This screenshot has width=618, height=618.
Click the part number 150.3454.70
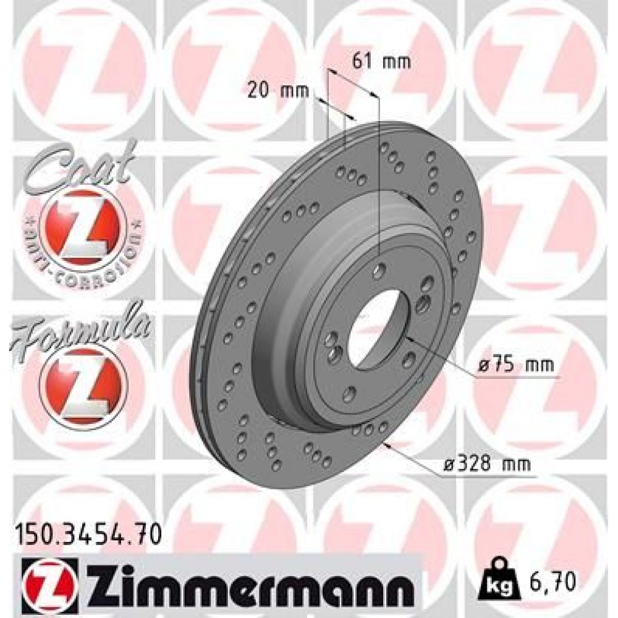coord(87,531)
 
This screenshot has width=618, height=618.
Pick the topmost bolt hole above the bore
coord(381,269)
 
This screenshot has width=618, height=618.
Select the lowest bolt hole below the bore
coord(350,393)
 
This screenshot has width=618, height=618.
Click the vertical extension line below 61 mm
coord(378,185)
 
